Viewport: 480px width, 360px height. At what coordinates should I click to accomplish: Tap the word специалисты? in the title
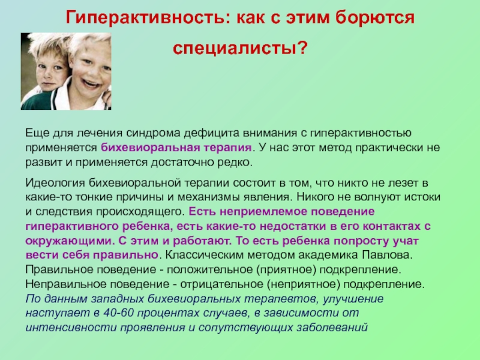(240, 48)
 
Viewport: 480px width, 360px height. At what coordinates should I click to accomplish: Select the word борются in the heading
(375, 18)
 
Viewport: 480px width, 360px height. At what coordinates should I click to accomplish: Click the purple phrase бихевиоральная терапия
(176, 148)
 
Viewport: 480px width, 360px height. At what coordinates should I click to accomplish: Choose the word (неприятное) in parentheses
(304, 284)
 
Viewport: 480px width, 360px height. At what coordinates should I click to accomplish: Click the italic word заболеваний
(332, 328)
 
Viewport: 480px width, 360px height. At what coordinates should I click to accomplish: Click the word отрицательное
(221, 284)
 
